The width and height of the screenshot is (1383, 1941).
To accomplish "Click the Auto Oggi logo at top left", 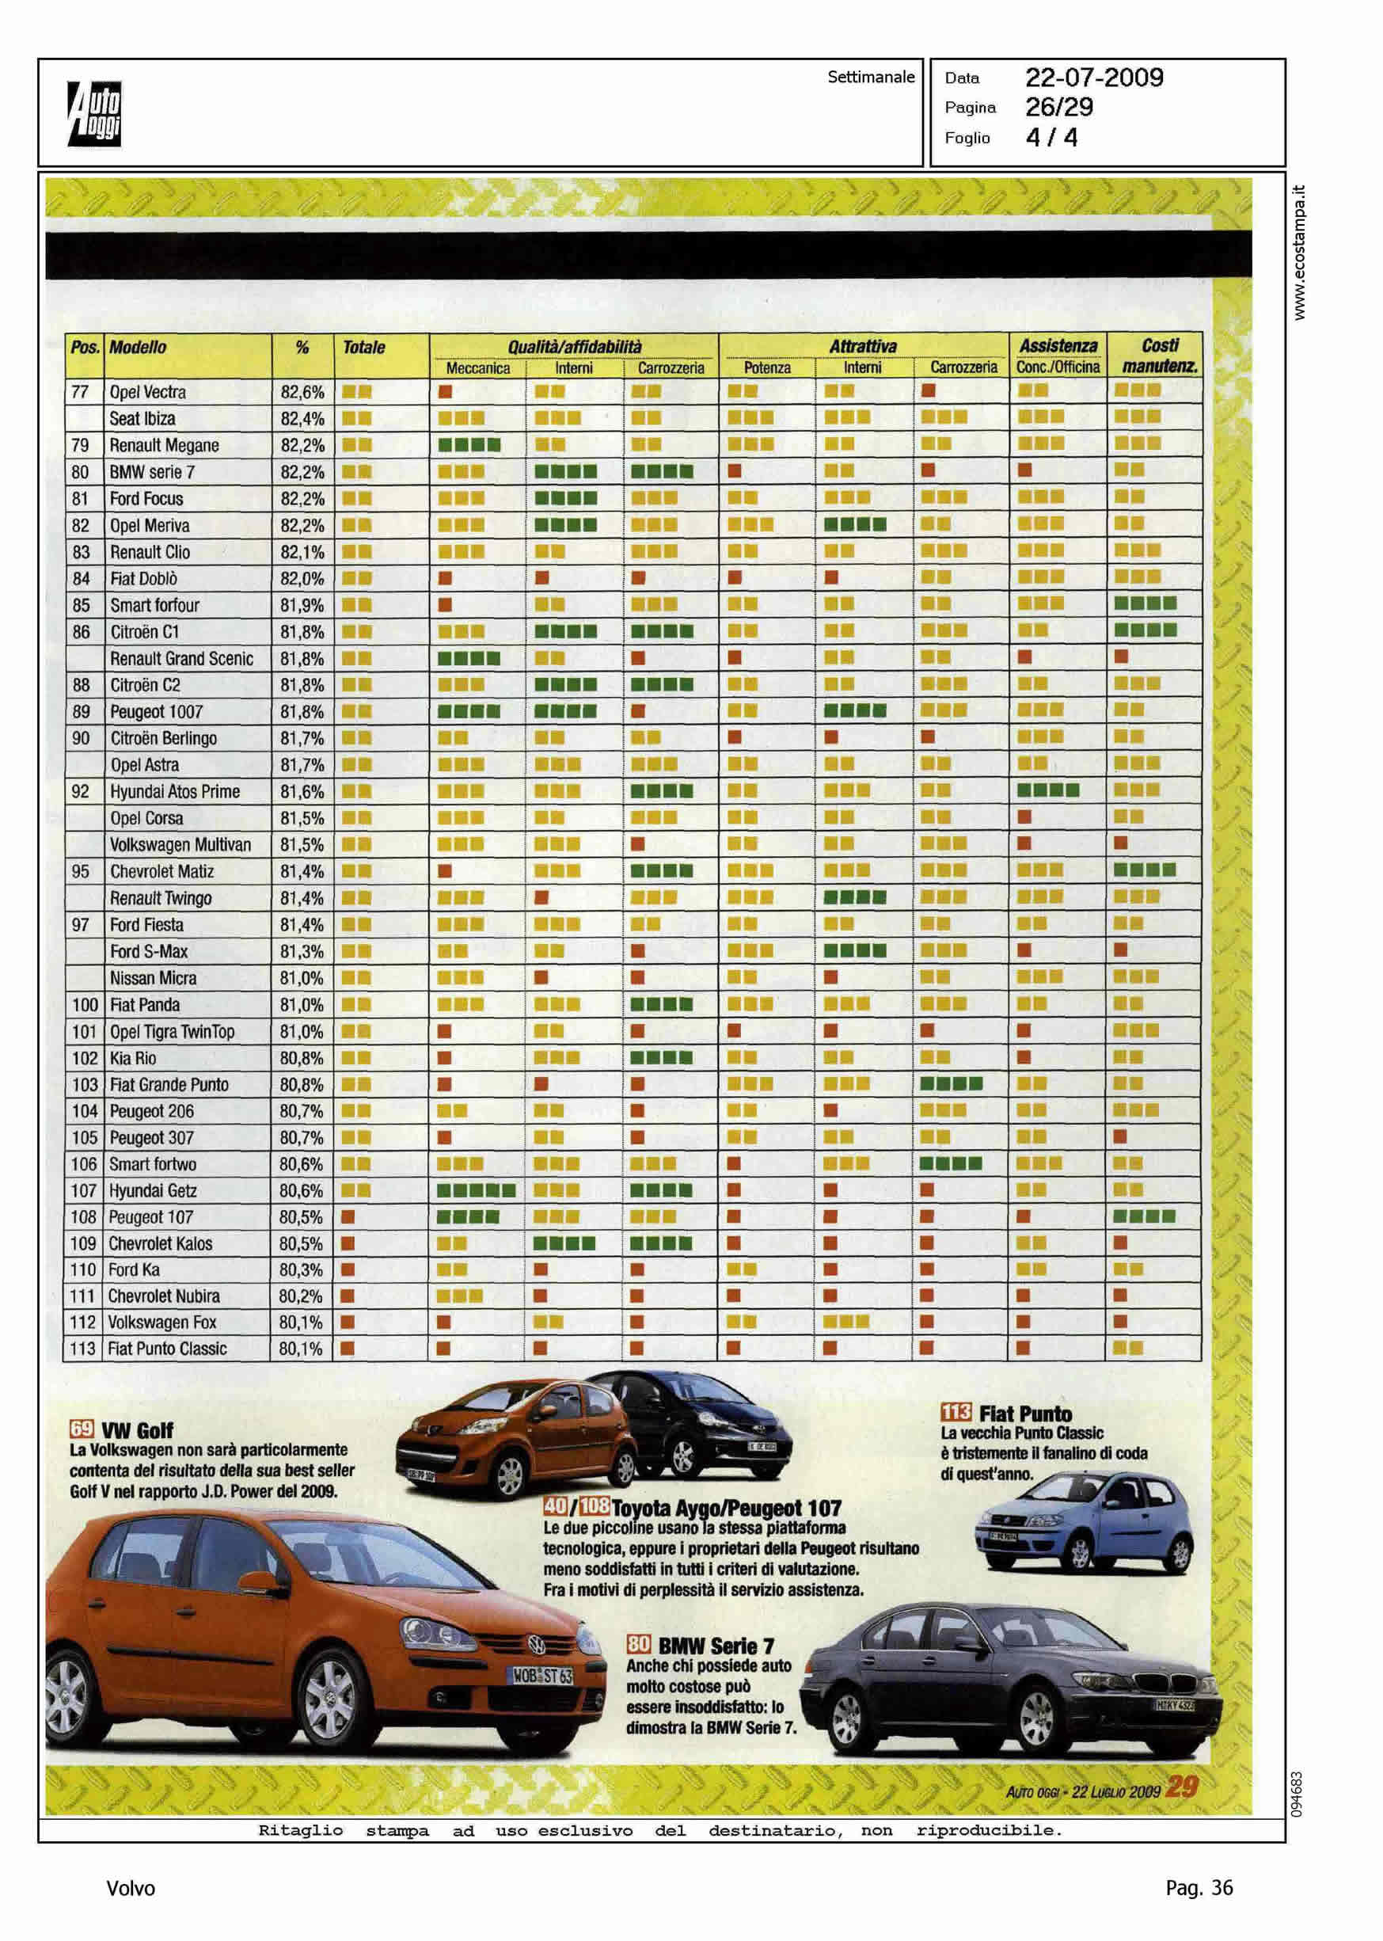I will [94, 113].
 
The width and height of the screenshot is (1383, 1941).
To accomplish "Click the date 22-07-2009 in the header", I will [1093, 78].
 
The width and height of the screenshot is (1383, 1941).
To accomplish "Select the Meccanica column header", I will [477, 368].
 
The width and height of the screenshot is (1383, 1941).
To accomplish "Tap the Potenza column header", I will [766, 368].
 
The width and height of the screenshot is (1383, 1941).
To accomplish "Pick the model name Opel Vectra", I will [147, 393].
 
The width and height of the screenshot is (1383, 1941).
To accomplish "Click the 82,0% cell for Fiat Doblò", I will [302, 579].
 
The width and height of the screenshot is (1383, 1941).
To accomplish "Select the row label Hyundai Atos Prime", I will [175, 792].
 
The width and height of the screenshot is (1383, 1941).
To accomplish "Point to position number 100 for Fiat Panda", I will [84, 1005].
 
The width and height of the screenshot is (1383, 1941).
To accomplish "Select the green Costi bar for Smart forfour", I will [1145, 604].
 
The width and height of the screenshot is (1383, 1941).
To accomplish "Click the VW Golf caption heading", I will [137, 1430].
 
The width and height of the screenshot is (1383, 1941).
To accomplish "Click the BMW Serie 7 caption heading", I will [716, 1646].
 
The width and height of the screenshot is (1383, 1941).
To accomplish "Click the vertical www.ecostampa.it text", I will [1299, 252].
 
